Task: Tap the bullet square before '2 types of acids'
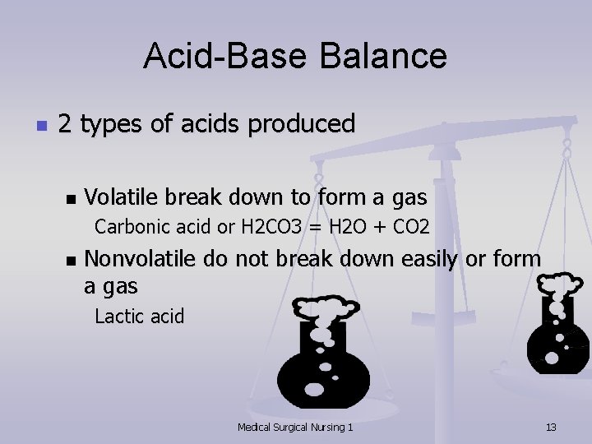coord(39,126)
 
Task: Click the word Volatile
coord(122,197)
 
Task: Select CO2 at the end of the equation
coord(410,225)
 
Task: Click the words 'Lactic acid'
coord(139,316)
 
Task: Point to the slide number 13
coord(551,427)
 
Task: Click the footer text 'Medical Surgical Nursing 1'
coord(295,427)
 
